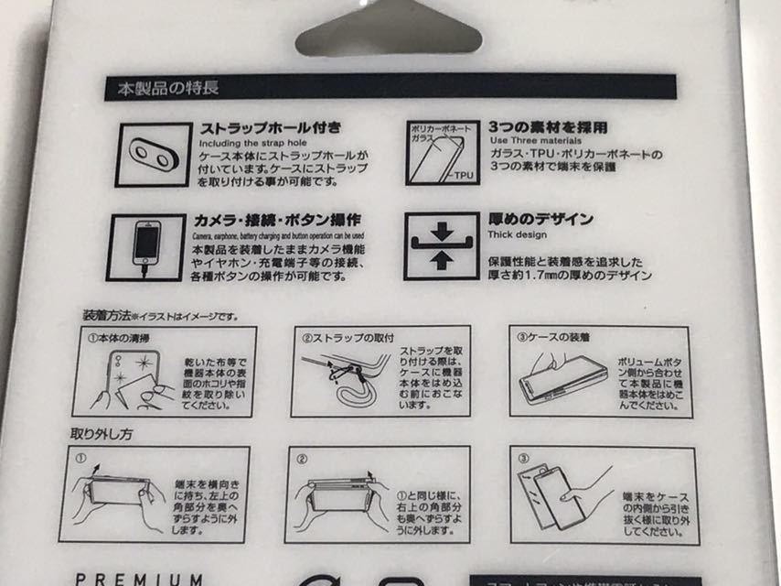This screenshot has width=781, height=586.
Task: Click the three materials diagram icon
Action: [437, 151]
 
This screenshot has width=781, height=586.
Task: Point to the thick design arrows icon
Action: [441, 246]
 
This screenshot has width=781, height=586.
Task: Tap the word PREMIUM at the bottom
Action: [139, 579]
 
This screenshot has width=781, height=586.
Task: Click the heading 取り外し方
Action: [102, 433]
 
